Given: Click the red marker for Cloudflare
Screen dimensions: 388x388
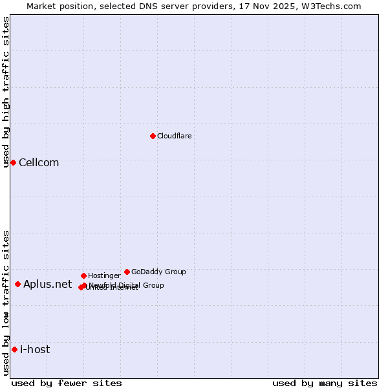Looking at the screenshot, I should [153, 136].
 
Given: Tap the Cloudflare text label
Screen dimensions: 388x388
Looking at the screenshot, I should [175, 136].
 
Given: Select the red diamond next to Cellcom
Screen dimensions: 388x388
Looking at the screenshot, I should [13, 162].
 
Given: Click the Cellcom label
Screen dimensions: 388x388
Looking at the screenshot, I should [39, 162].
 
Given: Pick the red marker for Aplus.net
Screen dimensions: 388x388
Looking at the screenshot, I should [17, 284].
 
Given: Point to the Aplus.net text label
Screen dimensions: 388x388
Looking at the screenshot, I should [47, 284].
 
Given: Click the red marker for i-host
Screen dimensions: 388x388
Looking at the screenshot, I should [14, 349].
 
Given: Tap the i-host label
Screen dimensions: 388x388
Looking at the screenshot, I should [35, 349].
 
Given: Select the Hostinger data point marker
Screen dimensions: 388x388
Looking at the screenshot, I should [83, 275].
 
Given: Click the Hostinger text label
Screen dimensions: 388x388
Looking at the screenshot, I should [104, 275].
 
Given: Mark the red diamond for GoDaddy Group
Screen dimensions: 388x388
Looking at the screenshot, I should [127, 272].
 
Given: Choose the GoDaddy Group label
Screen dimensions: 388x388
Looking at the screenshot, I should [158, 272].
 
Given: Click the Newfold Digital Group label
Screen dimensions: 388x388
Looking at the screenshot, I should [127, 285].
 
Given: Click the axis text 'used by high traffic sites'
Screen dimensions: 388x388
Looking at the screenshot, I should [6, 92].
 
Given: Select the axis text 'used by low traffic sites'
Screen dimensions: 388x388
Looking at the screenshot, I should [6, 303].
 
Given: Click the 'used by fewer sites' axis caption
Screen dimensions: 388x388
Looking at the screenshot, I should [67, 383].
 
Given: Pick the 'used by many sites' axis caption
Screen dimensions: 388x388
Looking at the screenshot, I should [325, 383].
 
